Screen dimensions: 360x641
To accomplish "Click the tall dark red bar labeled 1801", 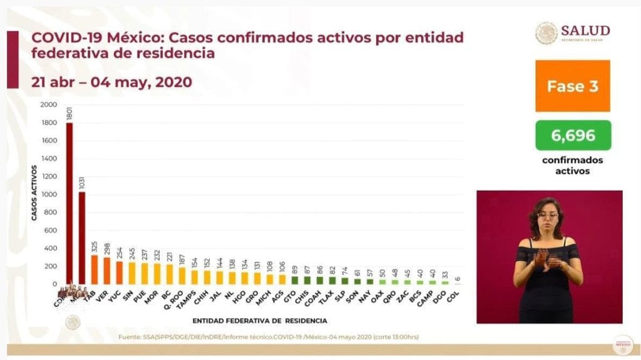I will [69, 203].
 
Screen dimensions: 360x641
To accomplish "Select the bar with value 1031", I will [82, 238].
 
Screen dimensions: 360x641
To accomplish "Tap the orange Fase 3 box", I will [572, 86].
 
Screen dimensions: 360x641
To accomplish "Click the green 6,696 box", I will [572, 135].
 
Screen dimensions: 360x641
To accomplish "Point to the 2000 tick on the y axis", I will [48, 105].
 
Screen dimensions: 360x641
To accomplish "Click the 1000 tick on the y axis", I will [48, 195].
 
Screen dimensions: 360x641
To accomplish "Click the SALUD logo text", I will [585, 31].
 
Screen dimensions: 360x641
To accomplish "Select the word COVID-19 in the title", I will [65, 38].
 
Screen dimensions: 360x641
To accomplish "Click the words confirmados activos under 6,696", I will [572, 165].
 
